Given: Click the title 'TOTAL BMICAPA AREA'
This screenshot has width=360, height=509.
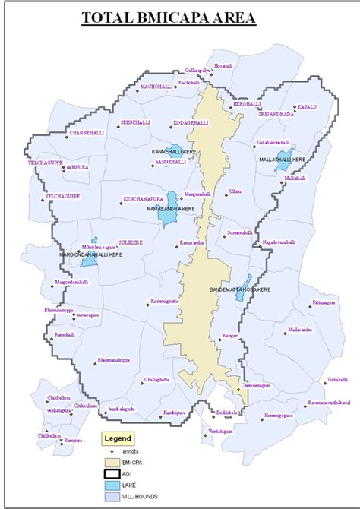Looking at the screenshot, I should pos(179,17).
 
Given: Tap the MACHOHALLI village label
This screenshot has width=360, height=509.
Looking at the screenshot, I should pos(157,87).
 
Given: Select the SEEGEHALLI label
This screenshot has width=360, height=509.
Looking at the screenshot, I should pos(137,122).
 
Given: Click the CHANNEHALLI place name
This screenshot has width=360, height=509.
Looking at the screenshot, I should pos(87,132).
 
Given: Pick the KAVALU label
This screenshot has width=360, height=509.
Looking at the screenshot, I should pos(306,107).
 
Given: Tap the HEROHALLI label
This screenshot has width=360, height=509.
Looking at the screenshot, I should pos(247,103).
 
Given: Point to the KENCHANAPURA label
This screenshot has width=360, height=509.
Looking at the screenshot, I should pos(144,200).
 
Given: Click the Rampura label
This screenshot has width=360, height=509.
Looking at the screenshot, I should pos(73,440).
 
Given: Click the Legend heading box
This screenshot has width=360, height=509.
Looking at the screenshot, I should pos(118,438).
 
